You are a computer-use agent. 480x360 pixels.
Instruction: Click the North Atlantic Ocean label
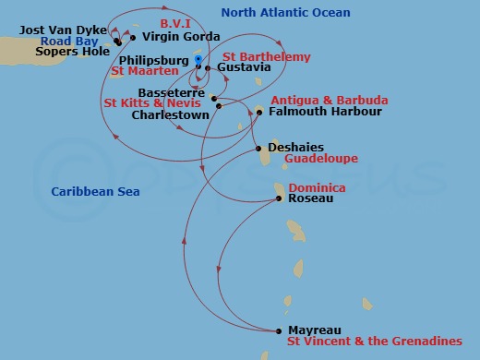[285, 12]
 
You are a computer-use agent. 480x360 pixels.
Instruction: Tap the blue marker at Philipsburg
[198, 59]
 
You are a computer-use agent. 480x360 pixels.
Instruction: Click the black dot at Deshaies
[257, 148]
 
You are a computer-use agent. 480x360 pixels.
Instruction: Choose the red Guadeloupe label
[307, 159]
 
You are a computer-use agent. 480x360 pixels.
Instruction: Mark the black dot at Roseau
[280, 198]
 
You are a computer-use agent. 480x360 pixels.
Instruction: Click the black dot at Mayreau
[280, 330]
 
